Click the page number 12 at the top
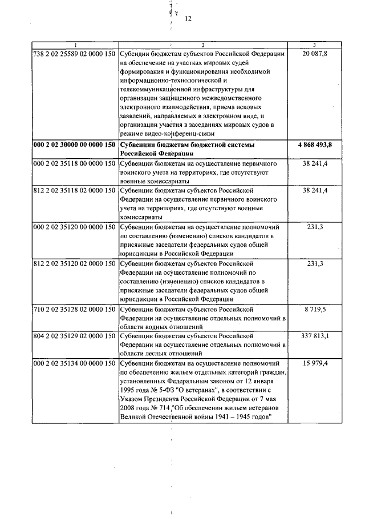point(188,18)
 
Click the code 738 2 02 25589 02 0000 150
point(74,53)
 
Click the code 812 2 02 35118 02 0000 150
point(74,189)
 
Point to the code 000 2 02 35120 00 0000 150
point(74,226)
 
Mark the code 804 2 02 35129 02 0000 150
point(74,336)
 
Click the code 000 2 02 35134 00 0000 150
point(74,363)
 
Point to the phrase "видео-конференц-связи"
point(181,134)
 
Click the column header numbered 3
point(315,45)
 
